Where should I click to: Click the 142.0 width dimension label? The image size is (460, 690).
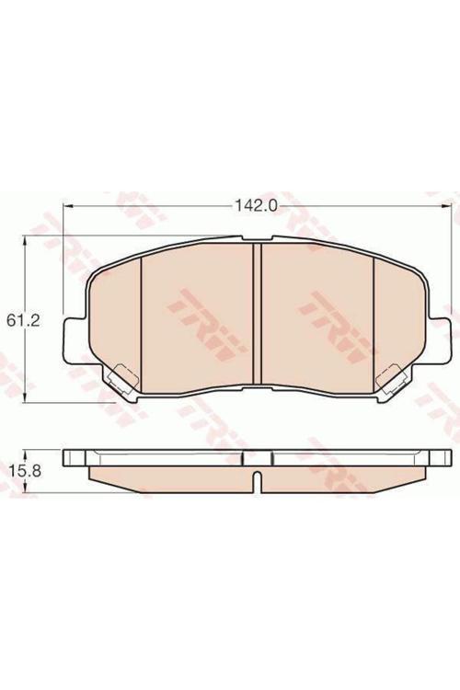point(256,205)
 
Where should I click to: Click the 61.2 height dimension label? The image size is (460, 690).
point(23,320)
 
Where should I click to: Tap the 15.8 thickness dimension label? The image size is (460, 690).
point(26,471)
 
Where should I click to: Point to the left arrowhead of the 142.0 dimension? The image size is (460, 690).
point(68,205)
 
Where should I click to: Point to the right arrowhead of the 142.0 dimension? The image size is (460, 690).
point(447,205)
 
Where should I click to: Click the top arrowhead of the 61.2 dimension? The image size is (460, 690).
point(26,240)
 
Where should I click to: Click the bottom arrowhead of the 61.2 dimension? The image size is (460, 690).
point(26,397)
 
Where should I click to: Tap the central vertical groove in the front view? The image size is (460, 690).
point(258,314)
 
